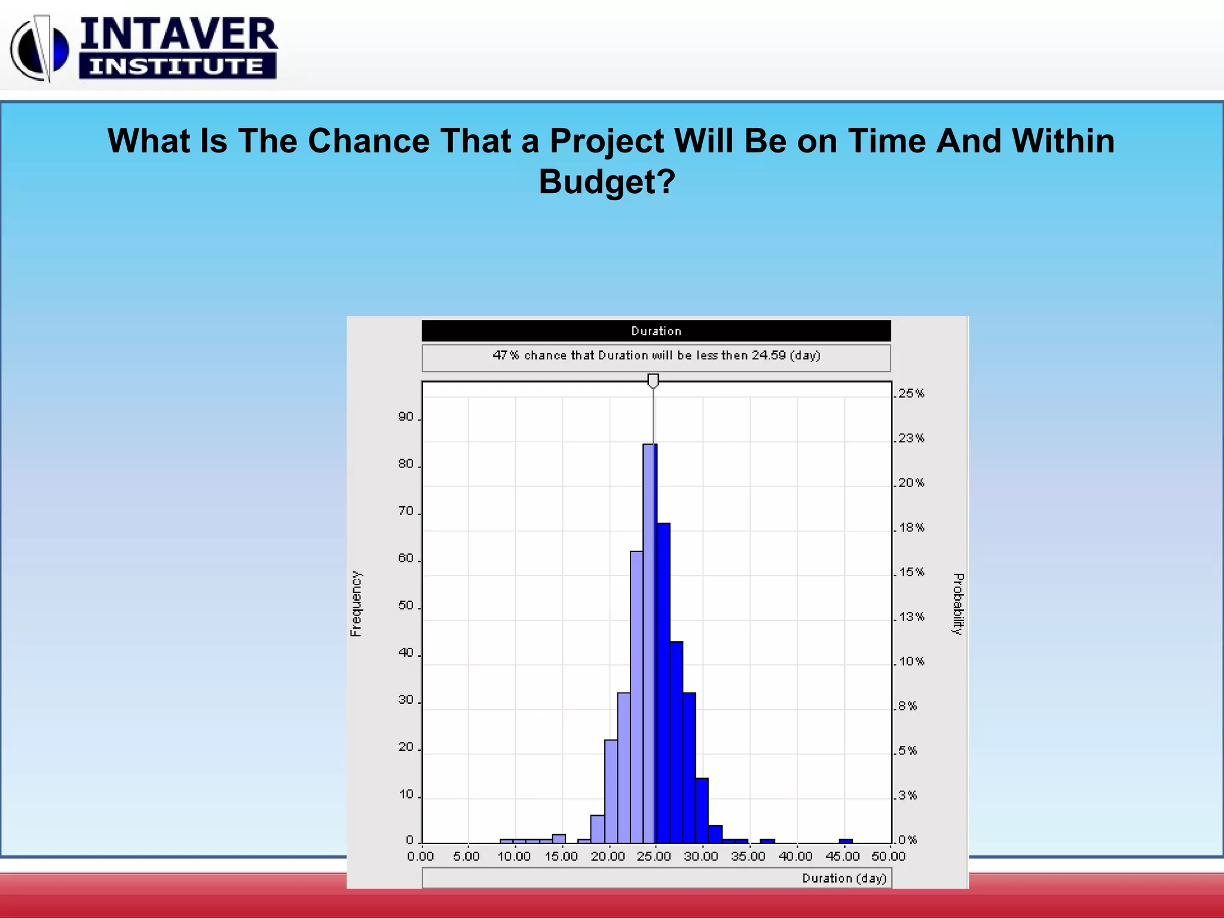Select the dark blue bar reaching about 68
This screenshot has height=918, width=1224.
pyautogui.click(x=663, y=681)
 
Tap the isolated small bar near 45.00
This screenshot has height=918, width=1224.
pyautogui.click(x=845, y=841)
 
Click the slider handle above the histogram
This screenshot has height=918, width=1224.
pyautogui.click(x=653, y=380)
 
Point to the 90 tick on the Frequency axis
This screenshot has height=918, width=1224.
pyautogui.click(x=406, y=417)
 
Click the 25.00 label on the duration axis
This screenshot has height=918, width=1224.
pyautogui.click(x=654, y=856)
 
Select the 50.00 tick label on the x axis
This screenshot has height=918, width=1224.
pyautogui.click(x=888, y=856)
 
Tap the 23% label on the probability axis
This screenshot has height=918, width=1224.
pyautogui.click(x=911, y=438)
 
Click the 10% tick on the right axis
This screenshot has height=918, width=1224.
pyautogui.click(x=911, y=662)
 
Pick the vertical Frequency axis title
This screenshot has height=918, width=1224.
pyautogui.click(x=356, y=603)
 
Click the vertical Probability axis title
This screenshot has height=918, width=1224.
pyautogui.click(x=957, y=604)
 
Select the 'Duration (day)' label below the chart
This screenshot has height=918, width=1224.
pyautogui.click(x=844, y=878)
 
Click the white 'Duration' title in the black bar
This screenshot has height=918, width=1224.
pyautogui.click(x=656, y=331)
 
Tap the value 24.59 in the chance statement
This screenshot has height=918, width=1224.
pyautogui.click(x=769, y=355)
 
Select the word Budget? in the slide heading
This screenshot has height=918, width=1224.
pyautogui.click(x=607, y=181)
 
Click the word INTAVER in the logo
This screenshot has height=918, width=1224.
pyautogui.click(x=179, y=33)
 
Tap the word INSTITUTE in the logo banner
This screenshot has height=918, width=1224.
pyautogui.click(x=177, y=66)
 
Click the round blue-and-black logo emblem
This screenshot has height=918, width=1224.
pyautogui.click(x=40, y=49)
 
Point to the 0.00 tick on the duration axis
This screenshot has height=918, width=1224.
pyautogui.click(x=421, y=856)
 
